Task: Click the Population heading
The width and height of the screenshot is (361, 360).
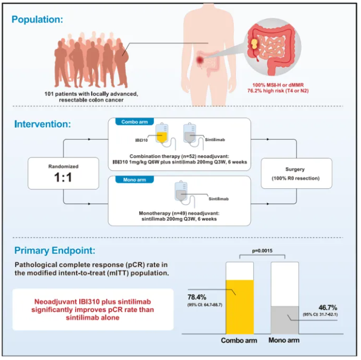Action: (38, 20)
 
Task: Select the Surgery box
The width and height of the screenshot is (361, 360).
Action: (296, 173)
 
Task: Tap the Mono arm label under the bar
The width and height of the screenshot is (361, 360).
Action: (284, 341)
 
